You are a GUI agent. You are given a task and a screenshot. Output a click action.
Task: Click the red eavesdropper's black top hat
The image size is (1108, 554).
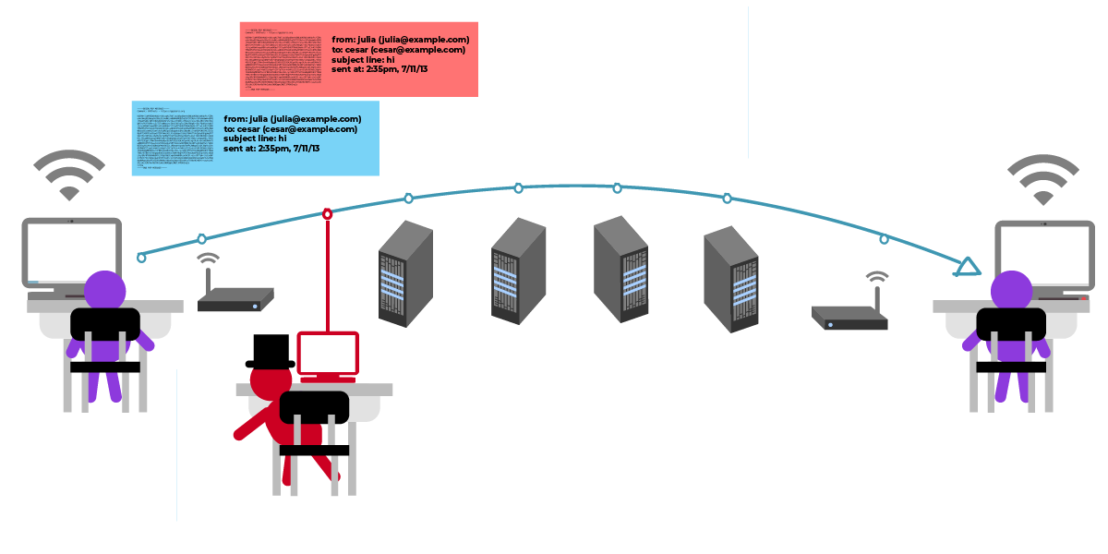coord(270,352)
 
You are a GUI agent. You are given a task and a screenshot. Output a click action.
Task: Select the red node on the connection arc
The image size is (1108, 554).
coord(327,214)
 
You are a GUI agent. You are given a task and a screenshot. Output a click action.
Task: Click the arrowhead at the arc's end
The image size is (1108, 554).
coord(967,268)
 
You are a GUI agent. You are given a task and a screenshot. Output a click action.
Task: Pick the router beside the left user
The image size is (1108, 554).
coord(235,298)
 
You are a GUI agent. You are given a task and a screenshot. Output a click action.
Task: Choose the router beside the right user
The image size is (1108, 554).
coord(850,317)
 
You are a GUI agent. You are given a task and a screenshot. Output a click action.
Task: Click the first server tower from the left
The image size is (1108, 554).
coord(405,274)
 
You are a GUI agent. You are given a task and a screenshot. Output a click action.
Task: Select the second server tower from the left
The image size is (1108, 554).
coord(518,271)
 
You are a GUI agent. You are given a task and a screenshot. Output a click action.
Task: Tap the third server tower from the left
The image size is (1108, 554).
coord(621,269)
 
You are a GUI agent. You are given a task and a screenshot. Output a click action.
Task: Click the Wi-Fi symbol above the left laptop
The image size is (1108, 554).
coord(69,175)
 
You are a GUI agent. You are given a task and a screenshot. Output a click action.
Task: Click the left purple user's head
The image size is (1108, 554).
coord(105,289)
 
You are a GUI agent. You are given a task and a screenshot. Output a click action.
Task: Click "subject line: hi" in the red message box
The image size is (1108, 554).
coord(364,60)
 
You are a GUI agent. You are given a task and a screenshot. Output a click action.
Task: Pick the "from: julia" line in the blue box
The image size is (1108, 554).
coord(292,119)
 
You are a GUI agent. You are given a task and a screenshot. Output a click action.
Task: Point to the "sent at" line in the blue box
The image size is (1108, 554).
coord(271,149)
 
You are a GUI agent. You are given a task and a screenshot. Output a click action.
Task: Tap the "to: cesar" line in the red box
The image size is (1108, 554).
coord(398,50)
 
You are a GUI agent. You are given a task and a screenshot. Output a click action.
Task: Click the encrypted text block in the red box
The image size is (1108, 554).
coord(283,62)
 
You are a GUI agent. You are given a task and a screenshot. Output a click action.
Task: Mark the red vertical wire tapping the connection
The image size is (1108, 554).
coord(327,273)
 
